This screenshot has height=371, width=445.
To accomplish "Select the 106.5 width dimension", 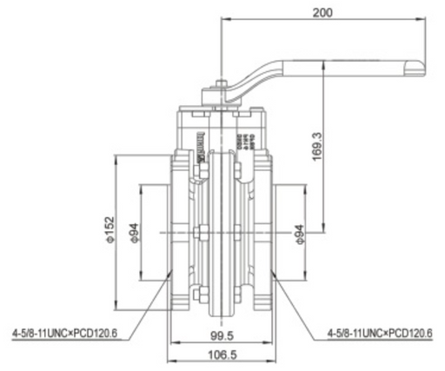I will [x=222, y=354].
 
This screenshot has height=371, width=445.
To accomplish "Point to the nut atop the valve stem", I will [x=221, y=85].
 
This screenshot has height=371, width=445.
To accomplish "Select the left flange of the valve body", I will [x=179, y=233].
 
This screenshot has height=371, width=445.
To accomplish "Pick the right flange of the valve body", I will [x=266, y=233].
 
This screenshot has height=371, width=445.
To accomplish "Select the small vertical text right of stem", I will [x=247, y=139].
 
